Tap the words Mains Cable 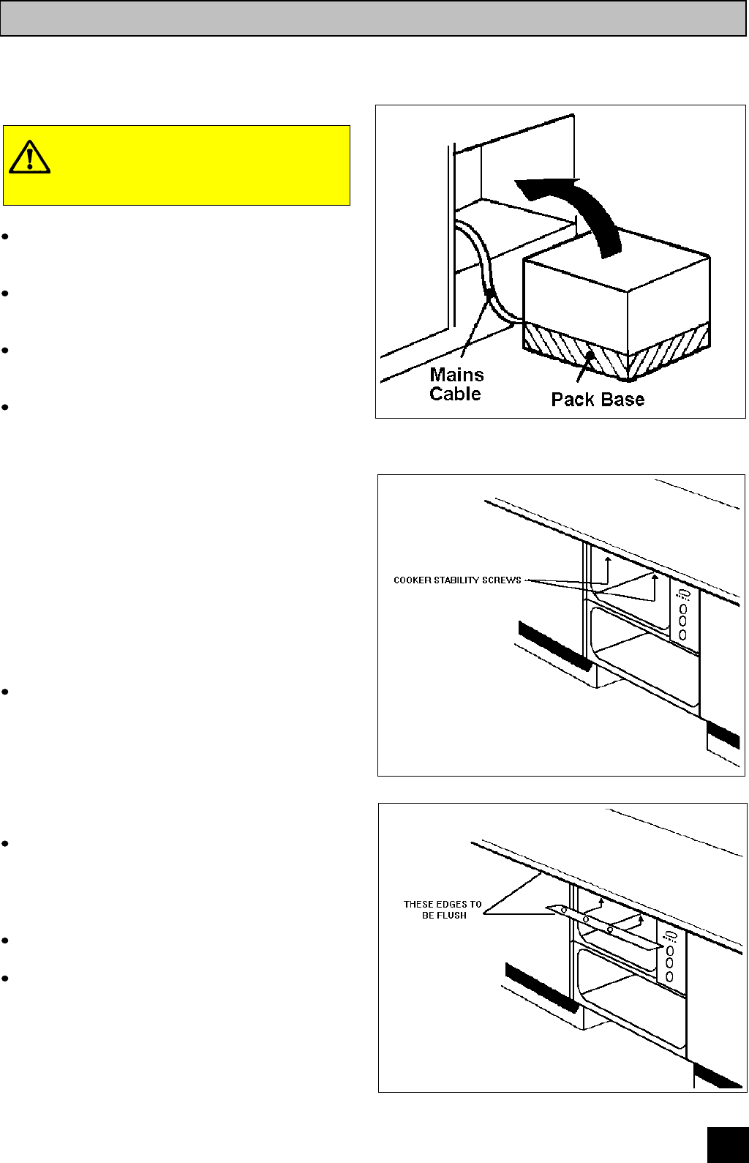pyautogui.click(x=456, y=384)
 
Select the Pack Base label pyautogui.click(x=598, y=400)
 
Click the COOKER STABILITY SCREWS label pyautogui.click(x=457, y=580)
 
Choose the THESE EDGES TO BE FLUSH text pyautogui.click(x=443, y=910)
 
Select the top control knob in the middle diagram pyautogui.click(x=683, y=608)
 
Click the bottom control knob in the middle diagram pyautogui.click(x=683, y=635)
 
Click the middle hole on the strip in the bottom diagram pyautogui.click(x=586, y=919)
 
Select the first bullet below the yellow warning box pyautogui.click(x=5, y=236)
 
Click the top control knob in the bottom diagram pyautogui.click(x=669, y=951)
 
